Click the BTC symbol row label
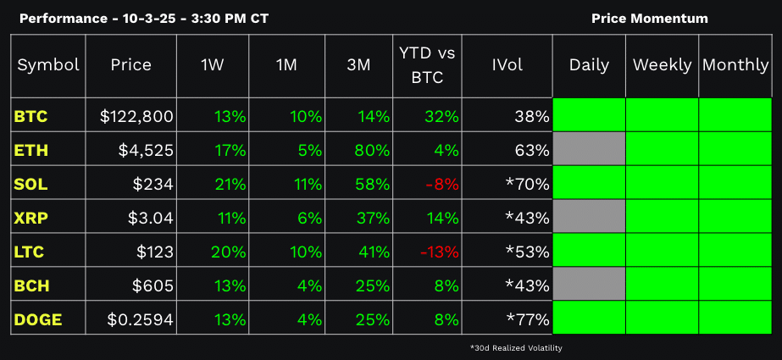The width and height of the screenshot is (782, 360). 31,116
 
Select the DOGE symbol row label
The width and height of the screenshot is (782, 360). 38,319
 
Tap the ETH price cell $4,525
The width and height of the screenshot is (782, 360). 147,150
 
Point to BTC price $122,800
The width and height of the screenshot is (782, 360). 136,116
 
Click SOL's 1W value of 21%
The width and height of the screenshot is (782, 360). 229,184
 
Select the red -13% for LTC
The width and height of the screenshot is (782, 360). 441,252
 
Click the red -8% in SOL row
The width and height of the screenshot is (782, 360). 444,184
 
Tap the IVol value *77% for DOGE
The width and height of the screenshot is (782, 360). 527,319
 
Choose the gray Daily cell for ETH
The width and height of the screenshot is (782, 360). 589,150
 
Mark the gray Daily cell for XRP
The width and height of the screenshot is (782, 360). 589,218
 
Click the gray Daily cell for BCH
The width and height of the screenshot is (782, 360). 589,285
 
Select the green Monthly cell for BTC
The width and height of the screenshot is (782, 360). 735,116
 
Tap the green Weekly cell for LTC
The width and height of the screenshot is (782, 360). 662,252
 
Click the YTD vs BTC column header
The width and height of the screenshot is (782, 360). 427,65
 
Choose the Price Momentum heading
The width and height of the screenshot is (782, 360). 650,18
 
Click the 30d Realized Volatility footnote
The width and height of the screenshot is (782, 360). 516,347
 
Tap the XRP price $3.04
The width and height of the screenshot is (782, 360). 150,218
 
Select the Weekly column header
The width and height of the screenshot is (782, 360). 662,65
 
